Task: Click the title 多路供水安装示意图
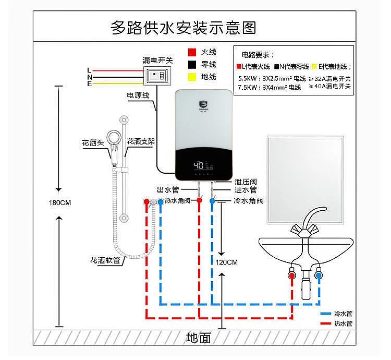pyautogui.click(x=184, y=27)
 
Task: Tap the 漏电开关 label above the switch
pyautogui.click(x=157, y=61)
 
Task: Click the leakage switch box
pyautogui.click(x=158, y=76)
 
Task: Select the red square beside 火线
pyautogui.click(x=192, y=52)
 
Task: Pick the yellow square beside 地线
pyautogui.click(x=192, y=77)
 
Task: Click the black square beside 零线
pyautogui.click(x=192, y=64)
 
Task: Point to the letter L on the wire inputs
pyautogui.click(x=90, y=70)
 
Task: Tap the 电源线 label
pyautogui.click(x=138, y=95)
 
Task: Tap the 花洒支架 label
pyautogui.click(x=141, y=141)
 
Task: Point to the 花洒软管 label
pyautogui.click(x=105, y=260)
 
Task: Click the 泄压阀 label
pyautogui.click(x=245, y=182)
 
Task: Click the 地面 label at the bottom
pyautogui.click(x=199, y=338)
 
